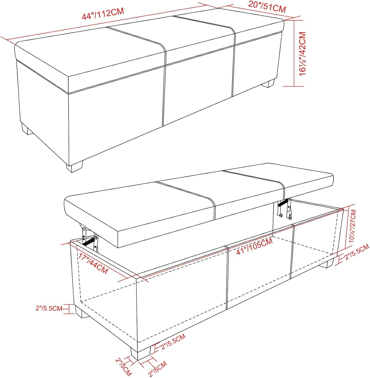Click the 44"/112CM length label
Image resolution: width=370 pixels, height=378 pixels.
[103, 14]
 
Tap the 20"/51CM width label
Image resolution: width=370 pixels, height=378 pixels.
[267, 7]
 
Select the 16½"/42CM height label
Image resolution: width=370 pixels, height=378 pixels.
[303, 54]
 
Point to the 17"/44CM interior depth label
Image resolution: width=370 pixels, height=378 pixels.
[93, 264]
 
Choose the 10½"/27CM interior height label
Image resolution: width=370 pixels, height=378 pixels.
[353, 226]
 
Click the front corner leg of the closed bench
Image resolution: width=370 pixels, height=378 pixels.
[75, 167]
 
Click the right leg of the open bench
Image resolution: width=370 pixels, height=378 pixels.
[326, 263]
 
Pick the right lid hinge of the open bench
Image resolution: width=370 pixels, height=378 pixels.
[285, 208]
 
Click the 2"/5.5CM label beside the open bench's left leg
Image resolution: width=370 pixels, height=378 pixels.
[49, 308]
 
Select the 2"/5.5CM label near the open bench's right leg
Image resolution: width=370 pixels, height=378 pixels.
[357, 252]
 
